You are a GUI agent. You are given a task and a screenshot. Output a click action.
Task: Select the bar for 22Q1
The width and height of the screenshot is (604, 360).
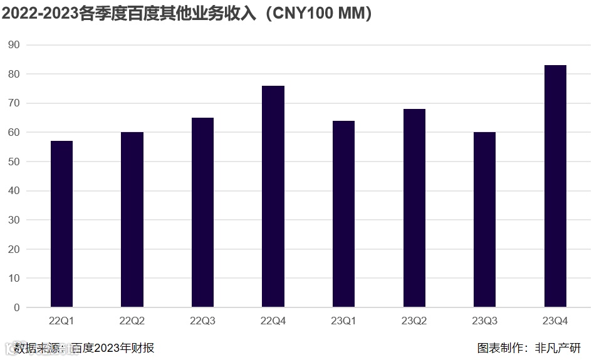61,224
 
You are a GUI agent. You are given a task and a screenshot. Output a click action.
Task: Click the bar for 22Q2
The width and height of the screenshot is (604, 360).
132,220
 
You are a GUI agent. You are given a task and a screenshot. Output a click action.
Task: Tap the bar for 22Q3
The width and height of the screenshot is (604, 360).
202,213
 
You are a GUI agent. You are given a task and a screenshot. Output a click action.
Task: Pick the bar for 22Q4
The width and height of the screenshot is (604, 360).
273,197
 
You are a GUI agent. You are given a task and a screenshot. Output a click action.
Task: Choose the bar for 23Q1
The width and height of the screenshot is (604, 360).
343,214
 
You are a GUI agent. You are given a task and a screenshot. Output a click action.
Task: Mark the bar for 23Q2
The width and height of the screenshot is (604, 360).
414,208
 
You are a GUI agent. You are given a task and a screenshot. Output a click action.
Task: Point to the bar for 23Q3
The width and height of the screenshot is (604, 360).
484,220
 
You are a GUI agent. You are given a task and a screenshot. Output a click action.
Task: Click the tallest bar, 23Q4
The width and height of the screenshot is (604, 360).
555,187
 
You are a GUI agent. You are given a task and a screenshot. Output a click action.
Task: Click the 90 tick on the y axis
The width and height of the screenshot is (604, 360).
14,45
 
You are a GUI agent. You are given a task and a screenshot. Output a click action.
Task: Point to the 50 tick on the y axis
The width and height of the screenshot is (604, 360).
14,162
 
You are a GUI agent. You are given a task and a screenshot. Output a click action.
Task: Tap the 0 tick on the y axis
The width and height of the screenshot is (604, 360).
17,307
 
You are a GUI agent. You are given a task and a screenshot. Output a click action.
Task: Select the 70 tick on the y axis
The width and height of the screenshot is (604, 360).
14,103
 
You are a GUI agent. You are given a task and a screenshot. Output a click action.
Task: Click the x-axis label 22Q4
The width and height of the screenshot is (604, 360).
273,321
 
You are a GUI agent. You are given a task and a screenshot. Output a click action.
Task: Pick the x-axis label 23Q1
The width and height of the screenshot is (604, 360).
343,321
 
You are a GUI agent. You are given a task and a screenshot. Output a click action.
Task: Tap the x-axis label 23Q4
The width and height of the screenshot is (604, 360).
555,321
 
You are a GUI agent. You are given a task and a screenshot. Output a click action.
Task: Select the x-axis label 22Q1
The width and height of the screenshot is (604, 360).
61,321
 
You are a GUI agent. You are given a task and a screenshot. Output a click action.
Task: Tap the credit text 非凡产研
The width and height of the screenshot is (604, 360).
558,348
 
